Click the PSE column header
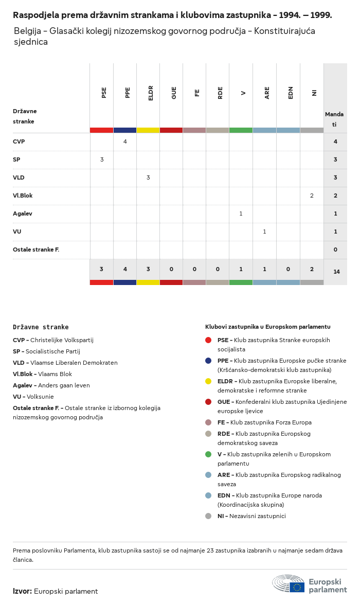pos(104,93)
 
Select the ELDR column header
pos(151,93)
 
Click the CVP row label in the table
pos(19,141)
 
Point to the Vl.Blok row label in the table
pos(23,196)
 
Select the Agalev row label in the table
pos(23,214)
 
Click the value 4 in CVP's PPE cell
pos(125,141)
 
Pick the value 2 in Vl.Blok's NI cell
pos(312,196)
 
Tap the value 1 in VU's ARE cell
pos(264,232)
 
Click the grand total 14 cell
pos(336,272)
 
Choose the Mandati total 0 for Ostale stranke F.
pos(335,250)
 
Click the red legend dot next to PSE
pos(208,340)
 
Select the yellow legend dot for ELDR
pos(208,381)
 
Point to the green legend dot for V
pos(208,454)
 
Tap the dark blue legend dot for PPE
pos(208,361)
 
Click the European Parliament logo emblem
pos(289,584)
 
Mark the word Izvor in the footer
pos(22,591)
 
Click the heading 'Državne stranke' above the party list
pos(41,327)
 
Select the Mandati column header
pos(335,119)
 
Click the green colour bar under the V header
pos(241,130)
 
